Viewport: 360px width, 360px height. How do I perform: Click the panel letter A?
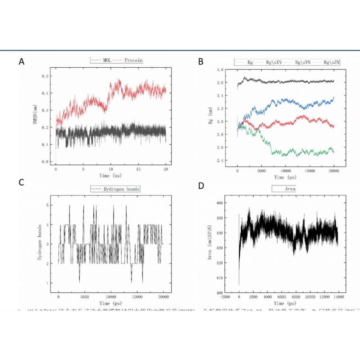(x=22, y=62)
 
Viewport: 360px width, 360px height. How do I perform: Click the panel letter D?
(x=201, y=186)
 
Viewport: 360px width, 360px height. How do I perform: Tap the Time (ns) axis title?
(x=110, y=175)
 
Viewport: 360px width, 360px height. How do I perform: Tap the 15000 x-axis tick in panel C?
(x=137, y=297)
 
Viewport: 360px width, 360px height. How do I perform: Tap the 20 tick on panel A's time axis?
(x=165, y=169)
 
